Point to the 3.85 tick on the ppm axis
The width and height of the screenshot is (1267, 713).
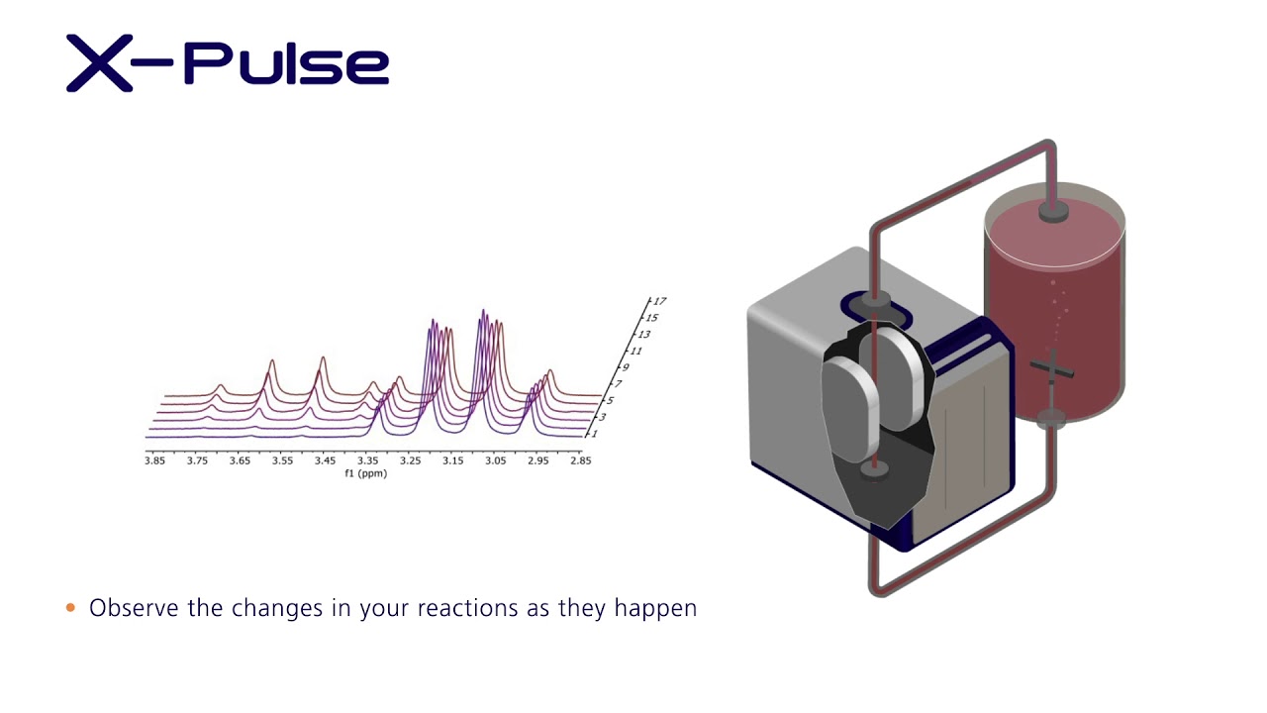[154, 461]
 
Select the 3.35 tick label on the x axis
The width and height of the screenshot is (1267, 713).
[367, 461]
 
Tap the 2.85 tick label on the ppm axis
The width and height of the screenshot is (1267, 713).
[580, 461]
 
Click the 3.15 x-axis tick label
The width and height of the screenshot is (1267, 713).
[452, 461]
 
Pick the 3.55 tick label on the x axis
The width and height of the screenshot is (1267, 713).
[282, 461]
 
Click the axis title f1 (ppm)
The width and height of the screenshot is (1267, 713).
[365, 473]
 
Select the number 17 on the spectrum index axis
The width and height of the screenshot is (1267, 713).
[659, 301]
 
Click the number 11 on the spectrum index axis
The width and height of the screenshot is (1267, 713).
[635, 351]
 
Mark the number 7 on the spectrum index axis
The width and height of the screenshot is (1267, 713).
[618, 384]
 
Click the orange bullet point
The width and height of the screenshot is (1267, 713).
[70, 608]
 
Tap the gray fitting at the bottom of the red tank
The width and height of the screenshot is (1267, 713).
[1050, 418]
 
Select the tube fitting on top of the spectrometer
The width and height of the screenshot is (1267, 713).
[874, 300]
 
